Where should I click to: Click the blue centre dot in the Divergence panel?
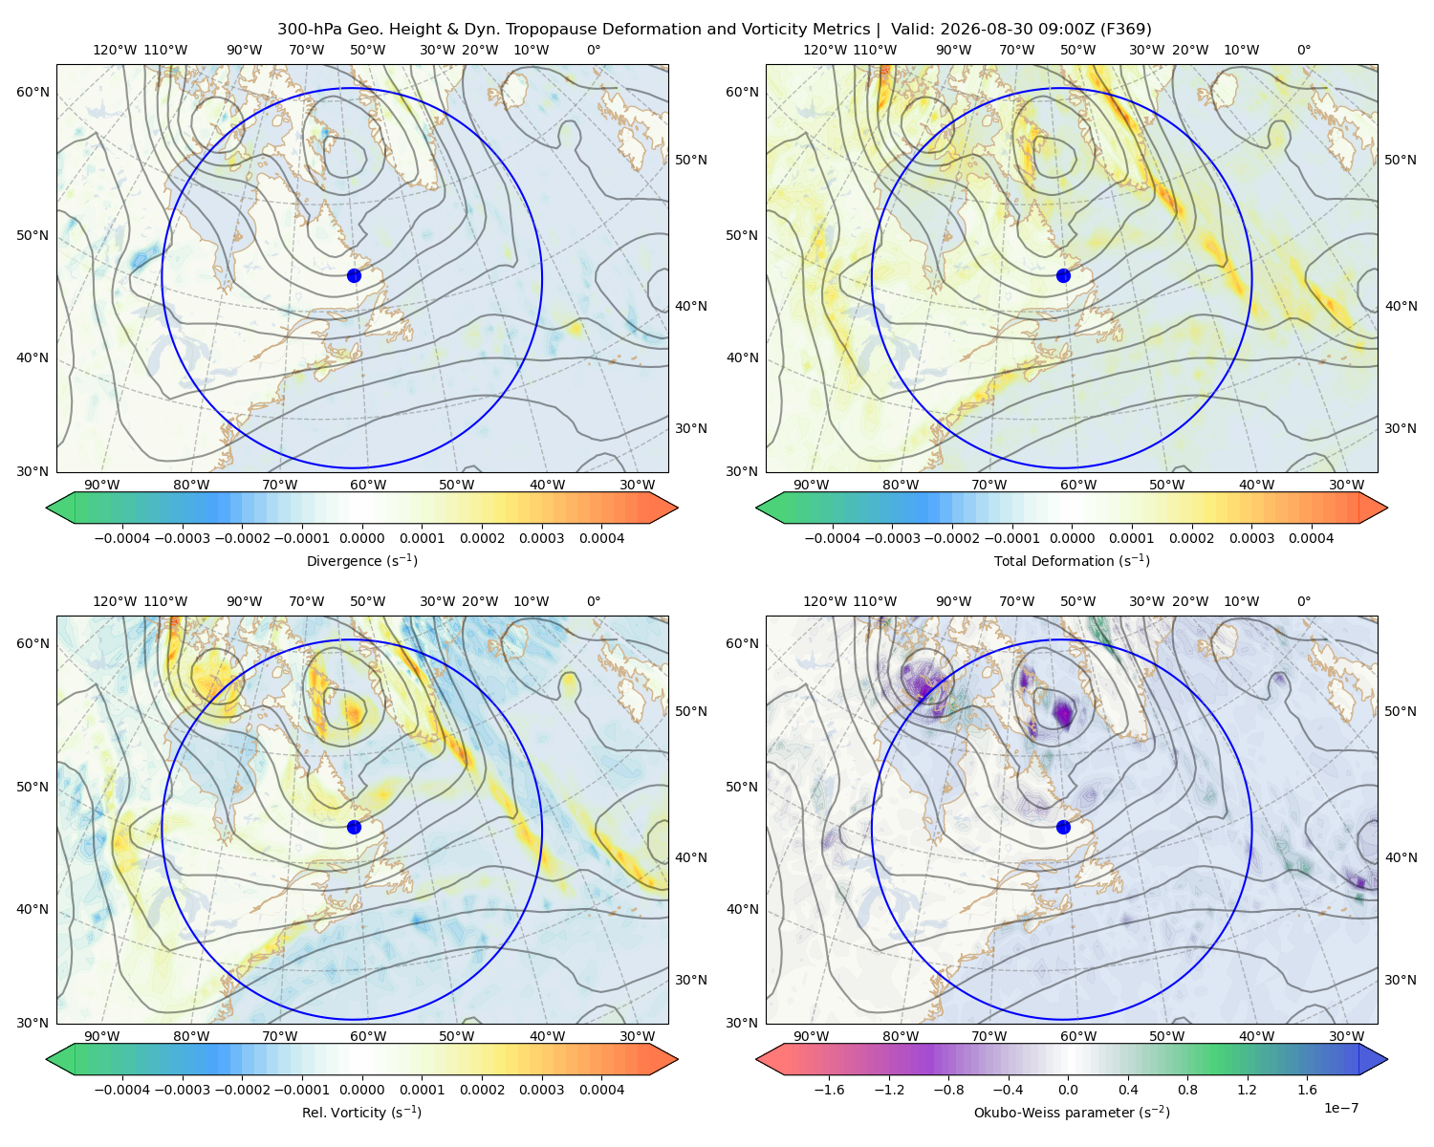[x=354, y=275]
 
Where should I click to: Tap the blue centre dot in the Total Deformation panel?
[x=1063, y=275]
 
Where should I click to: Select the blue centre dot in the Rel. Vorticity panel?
[x=354, y=827]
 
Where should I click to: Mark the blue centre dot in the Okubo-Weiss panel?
[x=1063, y=827]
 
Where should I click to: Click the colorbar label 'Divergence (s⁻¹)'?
[x=361, y=560]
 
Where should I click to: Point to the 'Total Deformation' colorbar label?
[x=1072, y=560]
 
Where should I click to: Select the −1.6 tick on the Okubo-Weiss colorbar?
[x=830, y=1089]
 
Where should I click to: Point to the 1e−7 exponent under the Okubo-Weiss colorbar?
[x=1340, y=1108]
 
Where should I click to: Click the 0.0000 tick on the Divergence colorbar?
[x=361, y=538]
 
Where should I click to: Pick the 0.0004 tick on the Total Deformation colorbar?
[x=1311, y=538]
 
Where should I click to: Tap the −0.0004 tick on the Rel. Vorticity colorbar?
[x=122, y=1089]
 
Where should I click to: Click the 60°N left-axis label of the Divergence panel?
[x=33, y=92]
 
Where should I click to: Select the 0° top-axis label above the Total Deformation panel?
[x=1303, y=50]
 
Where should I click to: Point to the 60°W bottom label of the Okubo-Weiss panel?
[x=1077, y=1036]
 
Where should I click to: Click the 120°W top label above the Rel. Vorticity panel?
[x=115, y=600]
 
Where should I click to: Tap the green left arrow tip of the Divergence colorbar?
[x=47, y=508]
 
